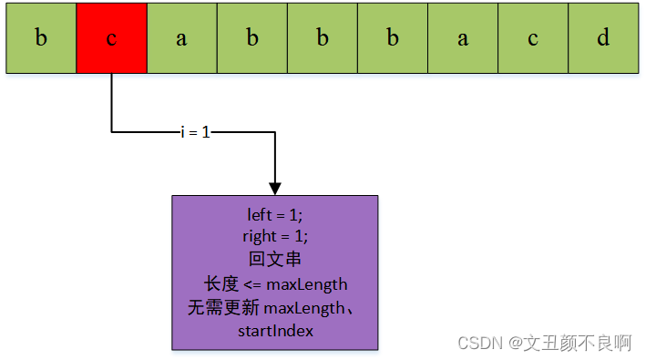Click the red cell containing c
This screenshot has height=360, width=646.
click(x=111, y=38)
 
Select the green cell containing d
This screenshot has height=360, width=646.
click(x=602, y=38)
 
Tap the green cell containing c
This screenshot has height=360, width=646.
click(x=532, y=38)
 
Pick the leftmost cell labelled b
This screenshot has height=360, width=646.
click(x=41, y=38)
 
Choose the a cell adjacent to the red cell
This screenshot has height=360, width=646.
click(x=181, y=38)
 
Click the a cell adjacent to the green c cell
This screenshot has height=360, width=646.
click(x=462, y=38)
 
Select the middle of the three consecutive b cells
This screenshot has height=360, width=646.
click(x=322, y=38)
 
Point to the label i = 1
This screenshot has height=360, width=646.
click(x=195, y=132)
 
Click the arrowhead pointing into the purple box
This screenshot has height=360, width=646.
click(x=274, y=186)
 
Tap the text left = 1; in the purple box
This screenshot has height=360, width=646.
click(x=274, y=215)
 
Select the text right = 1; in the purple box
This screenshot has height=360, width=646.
click(x=274, y=235)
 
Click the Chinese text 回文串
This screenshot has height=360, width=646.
click(x=274, y=259)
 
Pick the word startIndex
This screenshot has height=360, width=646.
click(x=275, y=331)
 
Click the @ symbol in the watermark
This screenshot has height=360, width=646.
click(x=516, y=344)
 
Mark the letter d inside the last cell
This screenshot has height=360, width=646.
click(x=602, y=38)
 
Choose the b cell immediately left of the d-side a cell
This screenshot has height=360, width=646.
click(x=392, y=38)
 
